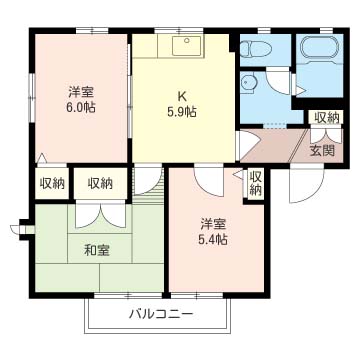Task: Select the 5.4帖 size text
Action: point(211,239)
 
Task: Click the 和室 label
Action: point(97,249)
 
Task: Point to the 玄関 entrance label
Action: point(322,151)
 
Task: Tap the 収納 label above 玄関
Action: point(326,119)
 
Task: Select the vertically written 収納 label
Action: point(255,183)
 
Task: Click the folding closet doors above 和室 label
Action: point(97,214)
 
